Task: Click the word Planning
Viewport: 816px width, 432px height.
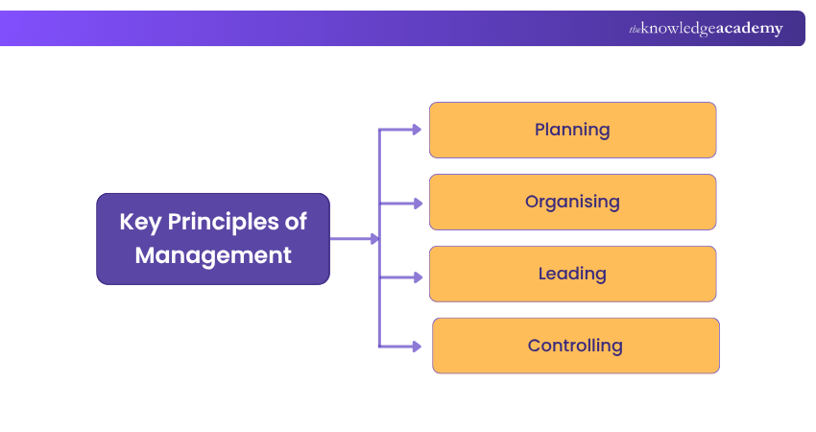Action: (x=572, y=130)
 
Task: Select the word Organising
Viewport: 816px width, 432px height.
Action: (x=572, y=202)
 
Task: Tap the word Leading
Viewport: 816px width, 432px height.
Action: (x=572, y=274)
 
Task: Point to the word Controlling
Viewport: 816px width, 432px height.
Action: (x=575, y=346)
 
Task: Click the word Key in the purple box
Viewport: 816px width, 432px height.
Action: (x=139, y=222)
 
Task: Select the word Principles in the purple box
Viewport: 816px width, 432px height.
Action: (x=222, y=222)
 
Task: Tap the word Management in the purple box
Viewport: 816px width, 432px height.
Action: (x=213, y=255)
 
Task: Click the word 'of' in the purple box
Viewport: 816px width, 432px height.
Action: (x=295, y=222)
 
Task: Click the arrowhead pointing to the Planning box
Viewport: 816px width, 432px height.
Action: (x=417, y=130)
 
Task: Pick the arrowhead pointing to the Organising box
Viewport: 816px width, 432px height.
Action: (x=417, y=203)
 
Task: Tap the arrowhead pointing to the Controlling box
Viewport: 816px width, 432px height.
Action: (x=417, y=346)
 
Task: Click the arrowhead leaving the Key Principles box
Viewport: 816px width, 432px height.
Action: (x=374, y=239)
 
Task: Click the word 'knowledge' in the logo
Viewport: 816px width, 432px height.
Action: (x=678, y=29)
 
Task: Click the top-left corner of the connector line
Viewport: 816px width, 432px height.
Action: (x=380, y=130)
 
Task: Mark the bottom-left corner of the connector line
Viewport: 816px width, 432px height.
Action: (x=380, y=346)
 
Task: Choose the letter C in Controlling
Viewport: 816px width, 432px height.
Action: (x=535, y=346)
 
